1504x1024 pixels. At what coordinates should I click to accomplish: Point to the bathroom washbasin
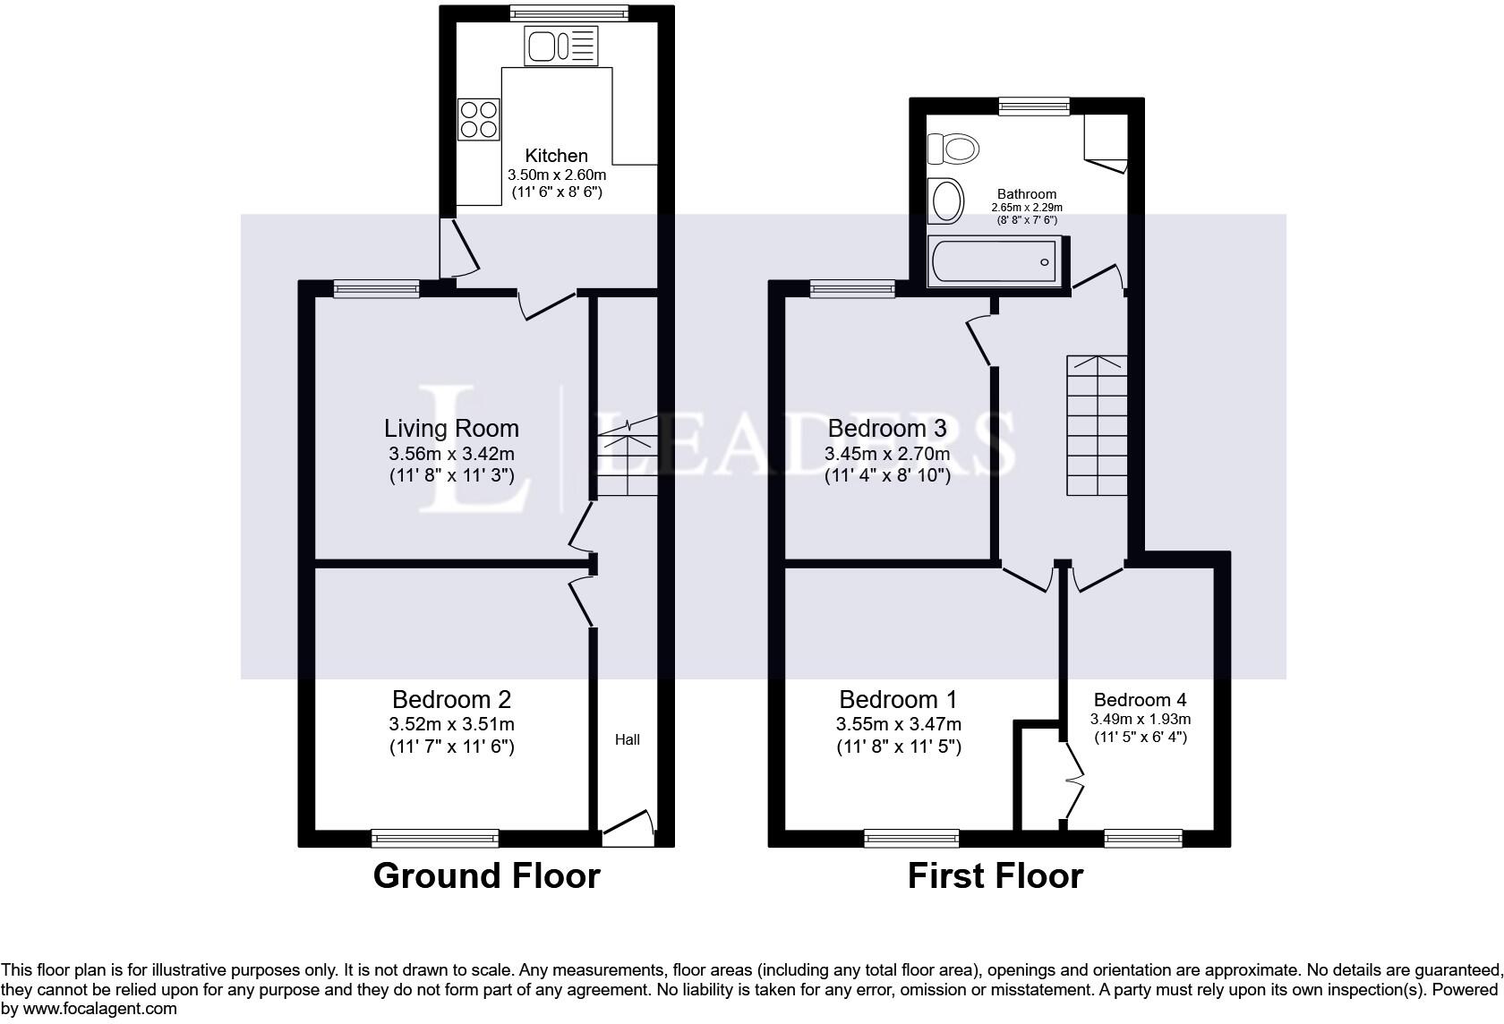[x=945, y=201]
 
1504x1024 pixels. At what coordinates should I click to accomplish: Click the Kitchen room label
[x=556, y=156]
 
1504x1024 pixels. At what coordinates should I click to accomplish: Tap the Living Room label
[x=451, y=428]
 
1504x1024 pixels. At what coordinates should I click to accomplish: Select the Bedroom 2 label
[x=451, y=699]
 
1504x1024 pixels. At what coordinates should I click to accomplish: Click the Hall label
[x=627, y=739]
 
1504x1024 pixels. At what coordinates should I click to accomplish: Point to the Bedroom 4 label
[x=1140, y=699]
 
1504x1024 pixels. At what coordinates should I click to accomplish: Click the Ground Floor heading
[x=486, y=875]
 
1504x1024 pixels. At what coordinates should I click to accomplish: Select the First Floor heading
[x=995, y=875]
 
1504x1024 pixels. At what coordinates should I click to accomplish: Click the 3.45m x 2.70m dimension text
[x=886, y=454]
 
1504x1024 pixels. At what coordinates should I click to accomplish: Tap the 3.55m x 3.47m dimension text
[x=899, y=723]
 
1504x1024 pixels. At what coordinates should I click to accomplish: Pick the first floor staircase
[x=1096, y=425]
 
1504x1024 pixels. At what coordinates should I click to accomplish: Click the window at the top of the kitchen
[x=568, y=13]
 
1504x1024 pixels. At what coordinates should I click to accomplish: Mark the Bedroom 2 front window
[x=435, y=838]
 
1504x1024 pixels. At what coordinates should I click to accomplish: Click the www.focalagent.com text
[x=99, y=1009]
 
